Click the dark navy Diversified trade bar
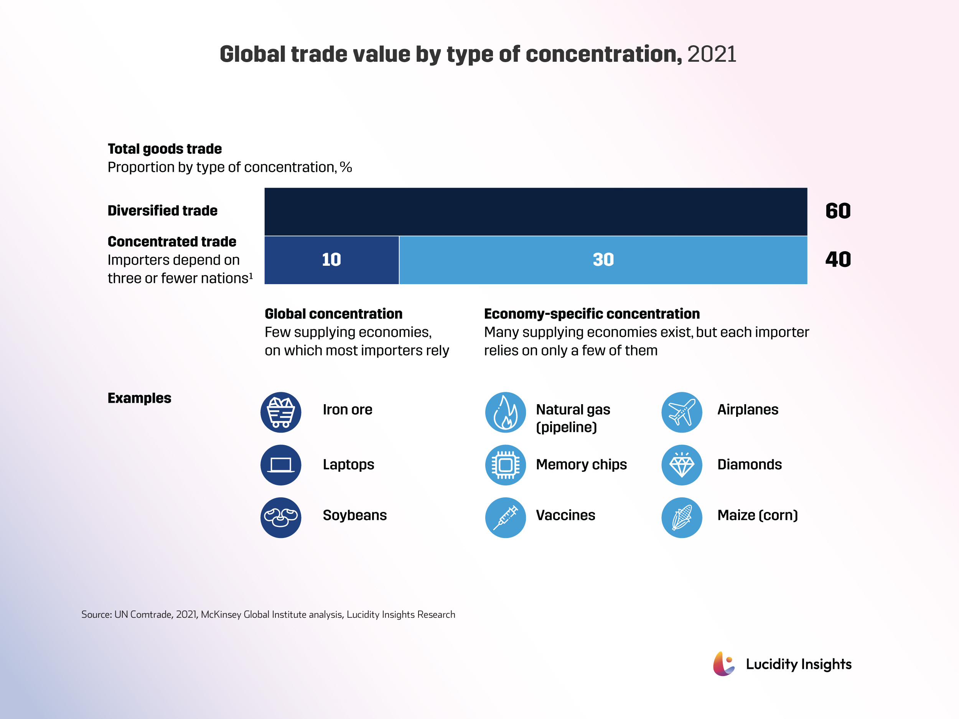[536, 212]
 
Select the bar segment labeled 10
[332, 260]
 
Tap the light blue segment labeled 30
[603, 260]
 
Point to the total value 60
[838, 211]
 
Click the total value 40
[838, 260]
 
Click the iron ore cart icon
[281, 412]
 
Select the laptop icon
[281, 465]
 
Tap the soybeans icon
[281, 517]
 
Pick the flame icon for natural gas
[506, 412]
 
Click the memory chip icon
[506, 465]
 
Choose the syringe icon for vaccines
[506, 517]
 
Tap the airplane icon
[682, 412]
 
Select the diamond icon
[682, 465]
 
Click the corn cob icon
[682, 517]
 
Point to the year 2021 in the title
[712, 54]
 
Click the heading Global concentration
[333, 313]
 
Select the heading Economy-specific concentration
[592, 313]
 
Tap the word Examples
[139, 398]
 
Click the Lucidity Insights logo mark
[723, 664]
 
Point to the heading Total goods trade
[165, 149]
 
